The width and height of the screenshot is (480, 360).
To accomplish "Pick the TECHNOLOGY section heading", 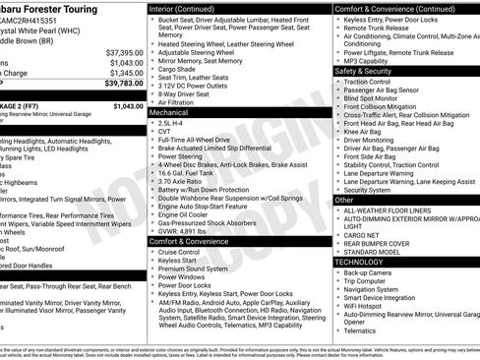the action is point(368,263).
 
